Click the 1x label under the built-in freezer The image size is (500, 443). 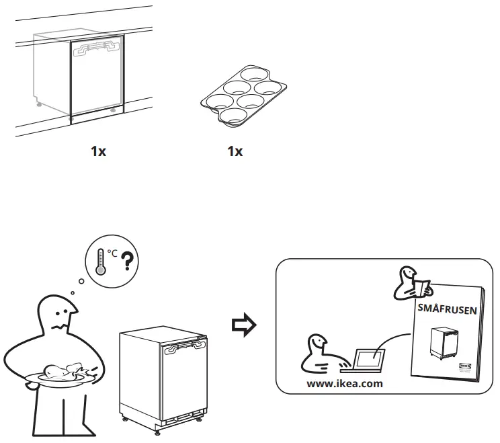pos(98,151)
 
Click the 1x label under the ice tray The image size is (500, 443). pos(235,151)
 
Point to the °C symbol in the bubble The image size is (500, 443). pos(112,253)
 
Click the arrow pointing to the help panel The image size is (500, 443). pos(241,325)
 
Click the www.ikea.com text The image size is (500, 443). pos(344,384)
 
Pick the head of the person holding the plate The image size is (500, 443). pos(57,315)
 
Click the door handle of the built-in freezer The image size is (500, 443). pos(97,46)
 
